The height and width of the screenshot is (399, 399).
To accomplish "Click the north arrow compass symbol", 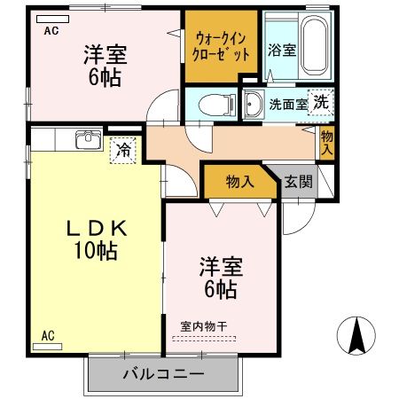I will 357,334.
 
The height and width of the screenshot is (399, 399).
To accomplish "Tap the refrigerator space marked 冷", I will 125,150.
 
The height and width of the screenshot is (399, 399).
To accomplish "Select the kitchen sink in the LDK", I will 88,142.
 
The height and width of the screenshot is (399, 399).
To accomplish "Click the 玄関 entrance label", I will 298,182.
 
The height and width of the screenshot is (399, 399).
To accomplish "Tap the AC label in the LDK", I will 48,336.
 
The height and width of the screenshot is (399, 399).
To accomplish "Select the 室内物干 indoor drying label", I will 203,326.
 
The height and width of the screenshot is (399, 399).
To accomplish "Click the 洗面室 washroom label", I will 287,103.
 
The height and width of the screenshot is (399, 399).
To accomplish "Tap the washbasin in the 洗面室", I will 252,101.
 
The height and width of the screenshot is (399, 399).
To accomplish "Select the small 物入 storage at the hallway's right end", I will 326,142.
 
